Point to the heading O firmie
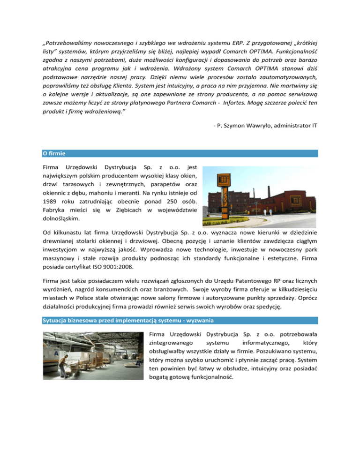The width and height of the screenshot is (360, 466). tap(52, 153)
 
